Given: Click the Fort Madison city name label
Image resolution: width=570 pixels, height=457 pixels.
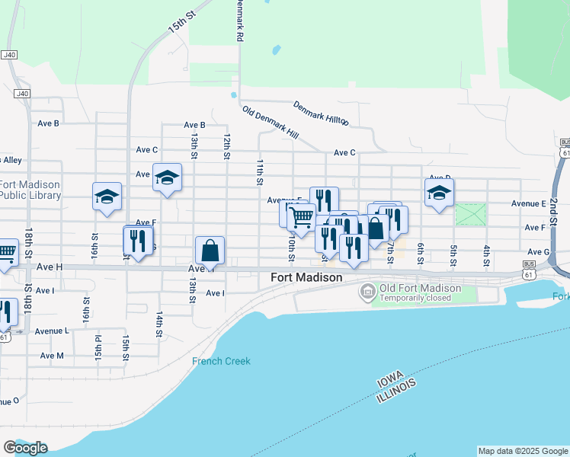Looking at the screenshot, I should (306, 278).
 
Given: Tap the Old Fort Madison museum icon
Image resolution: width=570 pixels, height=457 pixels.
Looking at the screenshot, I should (369, 291).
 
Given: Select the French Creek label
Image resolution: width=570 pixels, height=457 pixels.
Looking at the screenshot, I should (221, 361).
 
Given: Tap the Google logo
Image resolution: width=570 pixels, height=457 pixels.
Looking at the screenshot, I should (25, 447).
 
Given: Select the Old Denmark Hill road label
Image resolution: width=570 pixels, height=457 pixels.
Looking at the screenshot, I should (270, 122).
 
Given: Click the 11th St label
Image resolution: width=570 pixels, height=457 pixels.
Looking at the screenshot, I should (259, 172).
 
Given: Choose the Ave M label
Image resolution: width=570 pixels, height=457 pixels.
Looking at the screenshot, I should (52, 356).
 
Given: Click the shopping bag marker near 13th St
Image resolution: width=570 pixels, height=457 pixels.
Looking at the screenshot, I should (210, 250).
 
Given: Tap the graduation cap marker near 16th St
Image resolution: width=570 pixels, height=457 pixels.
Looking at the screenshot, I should (107, 197).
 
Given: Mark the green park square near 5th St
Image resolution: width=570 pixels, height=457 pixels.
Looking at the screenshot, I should (470, 214).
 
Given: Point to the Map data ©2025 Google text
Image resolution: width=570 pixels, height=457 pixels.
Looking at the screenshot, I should (523, 451).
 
